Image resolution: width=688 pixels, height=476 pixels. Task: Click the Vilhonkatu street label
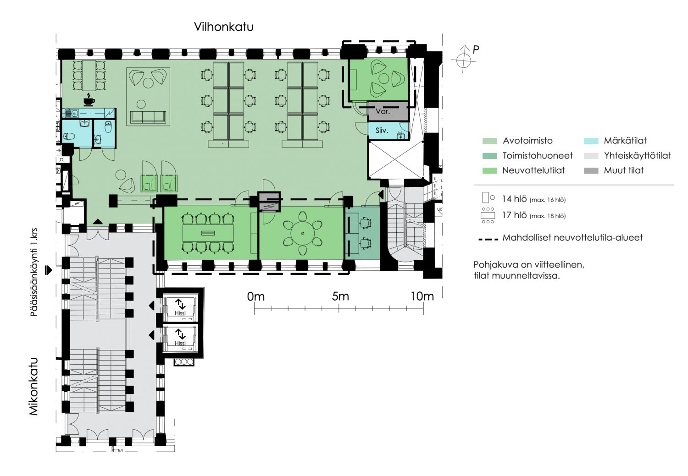[x=224, y=27]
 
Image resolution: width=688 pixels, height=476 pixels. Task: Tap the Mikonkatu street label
[x=33, y=387]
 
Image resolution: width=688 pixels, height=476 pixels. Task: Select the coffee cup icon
[x=89, y=100]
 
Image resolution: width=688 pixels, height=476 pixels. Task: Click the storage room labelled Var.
[x=388, y=111]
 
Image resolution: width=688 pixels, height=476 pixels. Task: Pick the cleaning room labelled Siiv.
[x=388, y=131]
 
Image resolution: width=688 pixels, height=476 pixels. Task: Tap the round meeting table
[x=303, y=233]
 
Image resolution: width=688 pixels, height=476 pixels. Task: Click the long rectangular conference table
[x=208, y=233]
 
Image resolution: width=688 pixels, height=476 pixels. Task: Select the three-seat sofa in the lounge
[x=148, y=117]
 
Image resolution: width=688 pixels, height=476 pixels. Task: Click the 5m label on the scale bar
[x=340, y=296]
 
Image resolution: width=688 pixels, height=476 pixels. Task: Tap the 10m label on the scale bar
[x=422, y=296]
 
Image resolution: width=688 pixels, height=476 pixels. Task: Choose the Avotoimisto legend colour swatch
[x=489, y=141]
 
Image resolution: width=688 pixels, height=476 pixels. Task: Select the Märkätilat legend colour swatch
[x=591, y=141]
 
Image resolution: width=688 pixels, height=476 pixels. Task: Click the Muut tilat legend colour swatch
[x=591, y=171]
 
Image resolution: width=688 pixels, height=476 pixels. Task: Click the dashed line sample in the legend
[x=488, y=239]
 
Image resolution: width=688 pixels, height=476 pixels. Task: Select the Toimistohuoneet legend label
[x=538, y=156]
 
